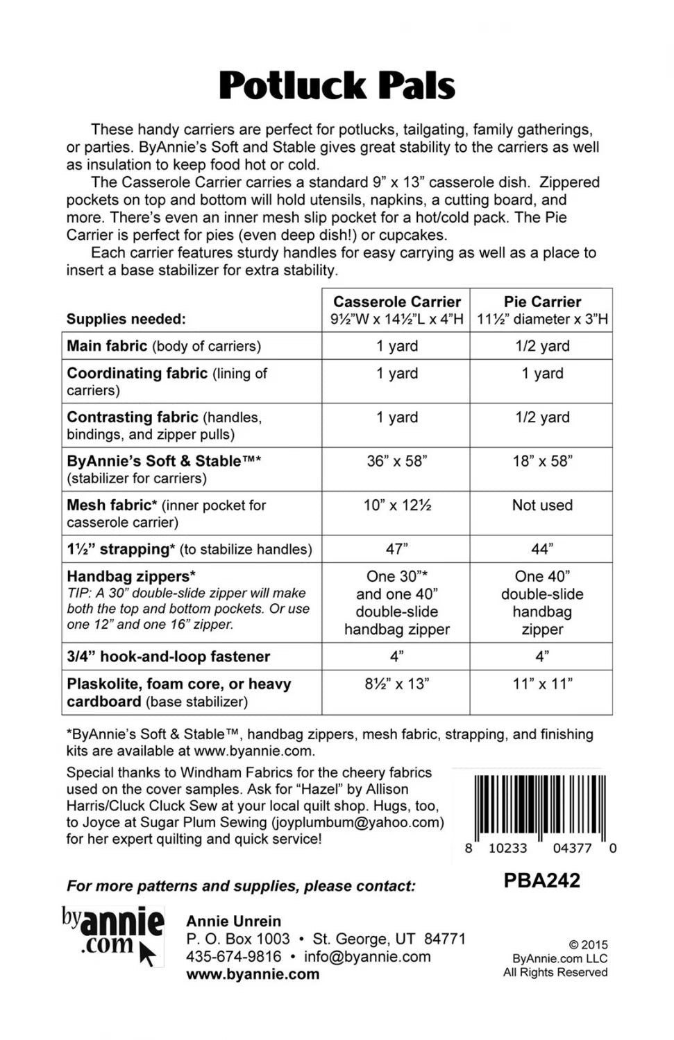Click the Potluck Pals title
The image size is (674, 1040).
[x=337, y=86]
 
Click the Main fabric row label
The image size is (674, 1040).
[x=107, y=346]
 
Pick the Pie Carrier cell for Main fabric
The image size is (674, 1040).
[x=542, y=346]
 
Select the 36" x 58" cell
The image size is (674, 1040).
[x=396, y=461]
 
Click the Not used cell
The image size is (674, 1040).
[x=542, y=505]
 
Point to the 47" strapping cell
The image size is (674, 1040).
[x=396, y=549]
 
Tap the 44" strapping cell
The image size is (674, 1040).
[x=542, y=549]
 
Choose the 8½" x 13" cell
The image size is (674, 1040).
[x=396, y=684]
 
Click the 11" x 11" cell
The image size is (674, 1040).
[x=542, y=684]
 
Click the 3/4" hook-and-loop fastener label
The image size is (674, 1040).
[x=169, y=657]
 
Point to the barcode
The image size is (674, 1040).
[x=540, y=807]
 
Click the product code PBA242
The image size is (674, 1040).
[x=541, y=881]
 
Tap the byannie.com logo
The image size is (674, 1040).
[x=113, y=935]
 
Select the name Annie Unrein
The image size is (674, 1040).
[x=234, y=921]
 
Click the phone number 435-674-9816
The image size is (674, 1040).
[x=234, y=957]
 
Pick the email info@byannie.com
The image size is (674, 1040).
[x=367, y=957]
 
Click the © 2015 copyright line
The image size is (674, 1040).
[x=588, y=945]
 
